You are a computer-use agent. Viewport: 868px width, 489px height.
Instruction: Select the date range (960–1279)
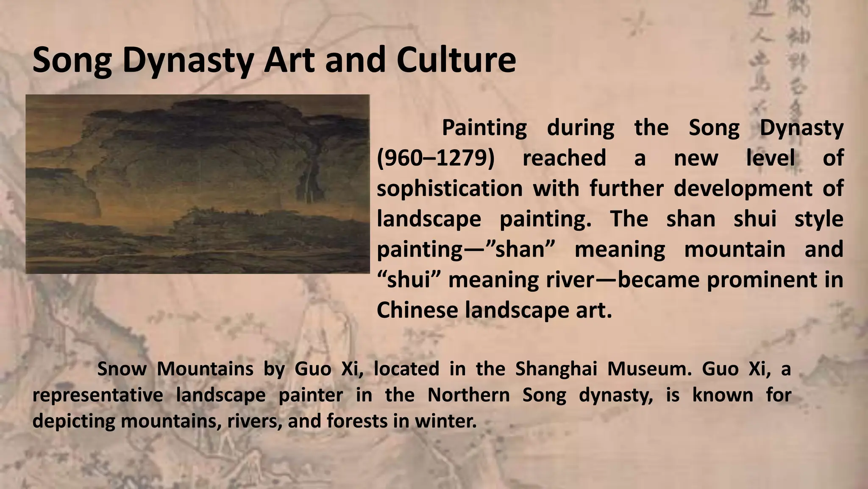click(x=435, y=158)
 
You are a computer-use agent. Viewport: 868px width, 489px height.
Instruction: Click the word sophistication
click(x=450, y=188)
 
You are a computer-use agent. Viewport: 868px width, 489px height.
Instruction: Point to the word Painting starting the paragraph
click(x=484, y=127)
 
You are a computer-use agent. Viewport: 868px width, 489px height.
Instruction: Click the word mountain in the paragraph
click(x=734, y=249)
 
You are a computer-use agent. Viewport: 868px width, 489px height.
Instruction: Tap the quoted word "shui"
click(x=407, y=280)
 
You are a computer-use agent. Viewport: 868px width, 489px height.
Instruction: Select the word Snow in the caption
click(x=122, y=368)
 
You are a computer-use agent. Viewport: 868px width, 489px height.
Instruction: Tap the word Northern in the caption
click(x=468, y=395)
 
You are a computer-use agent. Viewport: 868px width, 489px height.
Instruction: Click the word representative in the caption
click(x=98, y=395)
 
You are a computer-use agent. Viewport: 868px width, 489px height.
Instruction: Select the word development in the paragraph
click(x=743, y=188)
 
